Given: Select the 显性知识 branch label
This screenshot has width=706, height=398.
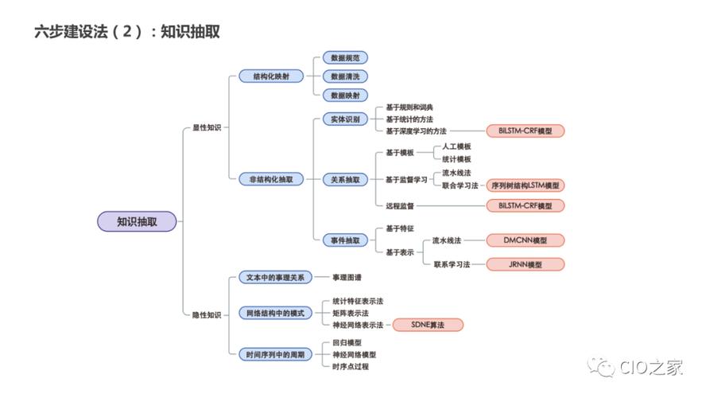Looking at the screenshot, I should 207,127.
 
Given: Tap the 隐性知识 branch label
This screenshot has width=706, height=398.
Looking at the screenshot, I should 207,315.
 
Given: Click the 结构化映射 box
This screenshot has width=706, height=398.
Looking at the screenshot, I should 271,76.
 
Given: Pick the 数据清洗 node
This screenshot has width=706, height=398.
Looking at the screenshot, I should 344,76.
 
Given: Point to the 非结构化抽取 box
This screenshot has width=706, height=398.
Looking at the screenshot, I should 272,179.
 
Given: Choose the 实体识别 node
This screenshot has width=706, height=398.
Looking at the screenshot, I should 344,119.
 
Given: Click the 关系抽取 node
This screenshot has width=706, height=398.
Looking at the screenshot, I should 344,179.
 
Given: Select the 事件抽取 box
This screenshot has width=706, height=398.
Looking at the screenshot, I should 344,240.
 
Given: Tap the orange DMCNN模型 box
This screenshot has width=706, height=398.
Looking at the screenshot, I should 526,240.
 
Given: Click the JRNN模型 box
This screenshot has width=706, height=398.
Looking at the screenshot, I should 526,264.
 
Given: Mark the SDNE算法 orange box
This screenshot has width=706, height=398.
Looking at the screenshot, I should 428,325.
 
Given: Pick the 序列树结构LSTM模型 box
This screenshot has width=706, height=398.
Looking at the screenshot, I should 526,185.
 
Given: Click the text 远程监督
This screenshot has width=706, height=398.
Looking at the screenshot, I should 400,205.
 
